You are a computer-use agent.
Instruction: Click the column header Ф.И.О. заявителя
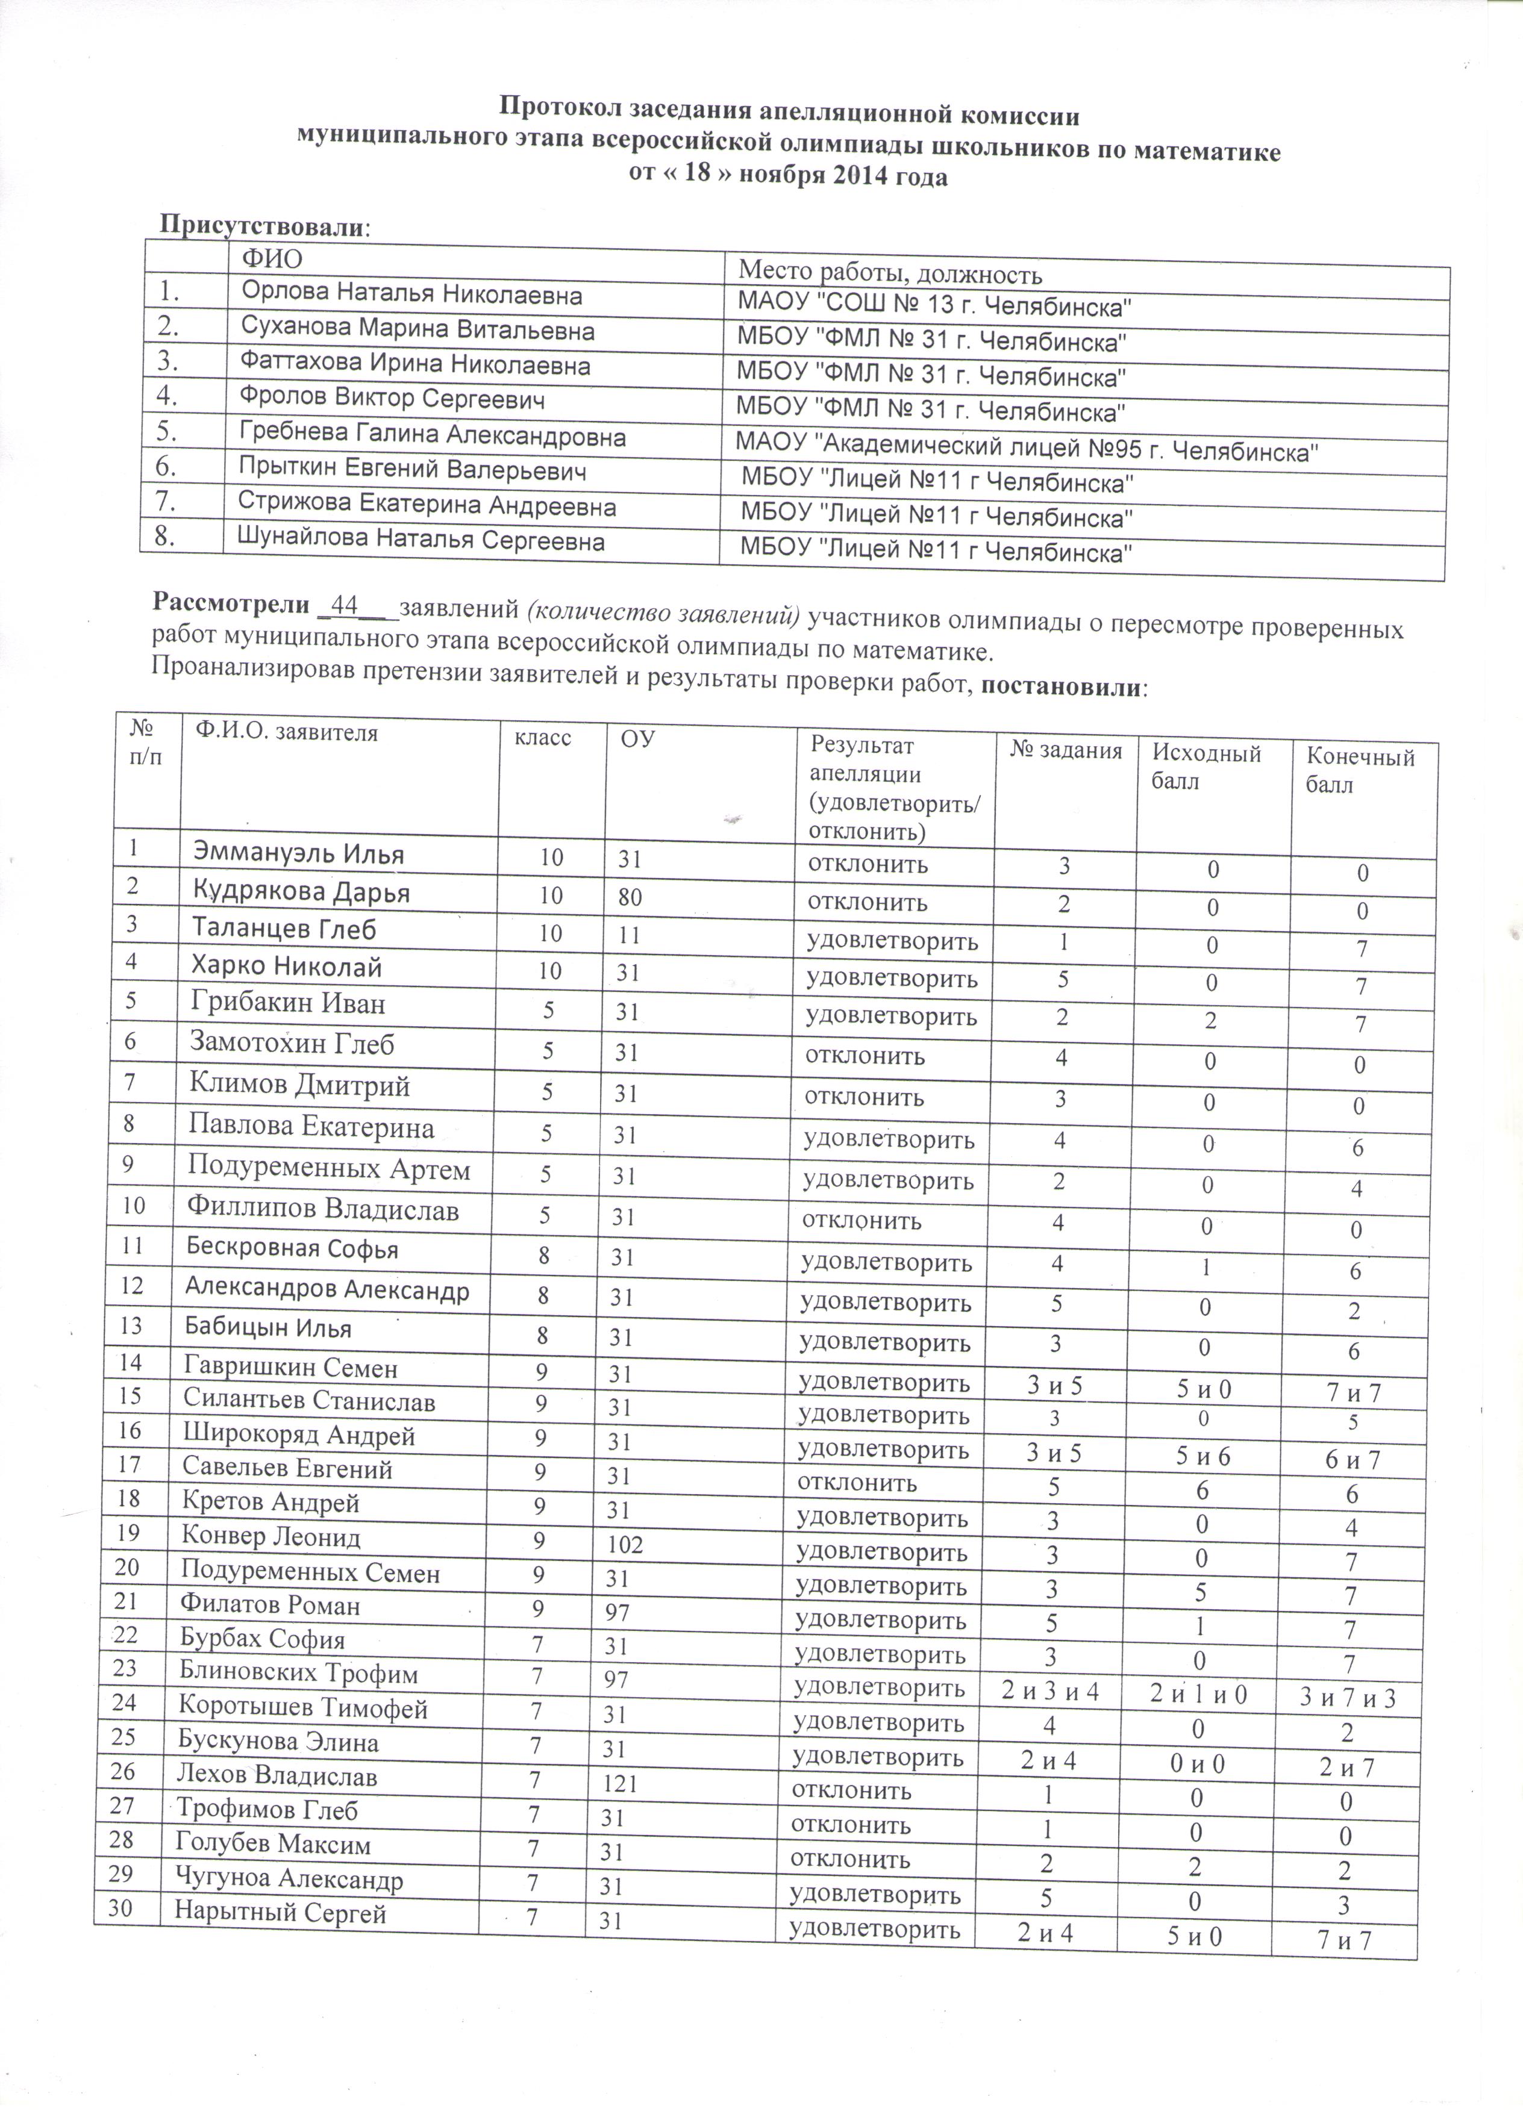click(x=286, y=733)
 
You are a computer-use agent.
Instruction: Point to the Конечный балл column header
click(x=1359, y=770)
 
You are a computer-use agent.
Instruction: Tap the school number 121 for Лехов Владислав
click(x=619, y=1783)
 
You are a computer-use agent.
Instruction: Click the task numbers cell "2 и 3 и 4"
click(x=1050, y=1692)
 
